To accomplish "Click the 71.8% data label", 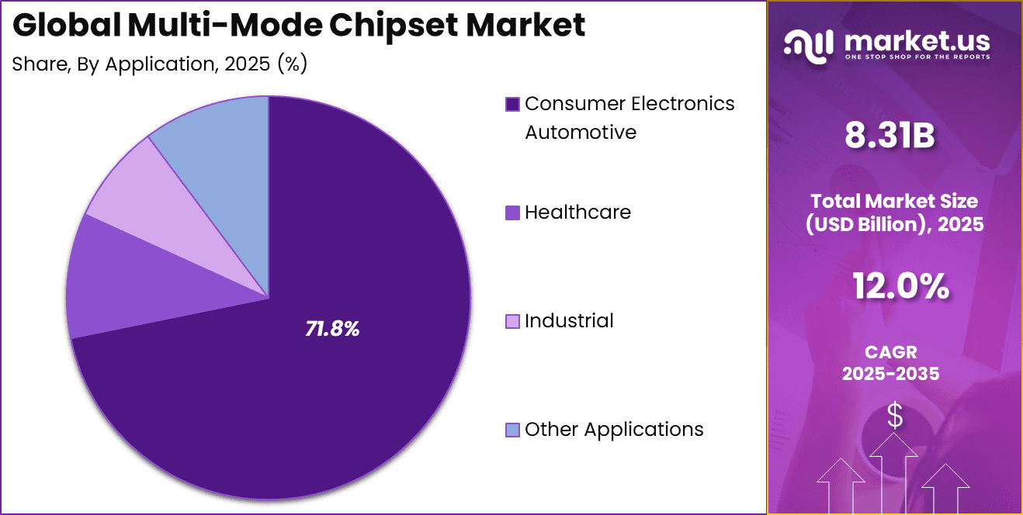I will [x=332, y=329].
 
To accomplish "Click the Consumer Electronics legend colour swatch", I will [x=512, y=104].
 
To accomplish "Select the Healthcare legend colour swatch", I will [x=512, y=213].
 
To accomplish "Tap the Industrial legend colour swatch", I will [x=512, y=321].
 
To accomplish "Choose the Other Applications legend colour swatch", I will [x=512, y=430].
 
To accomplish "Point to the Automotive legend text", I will [x=581, y=133].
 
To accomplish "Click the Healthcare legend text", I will [x=577, y=213].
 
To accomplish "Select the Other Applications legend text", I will [x=614, y=430].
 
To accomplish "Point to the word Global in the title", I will [x=65, y=26].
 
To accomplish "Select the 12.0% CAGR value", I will [x=900, y=287].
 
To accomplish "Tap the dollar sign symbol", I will [x=895, y=416].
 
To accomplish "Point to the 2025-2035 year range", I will [x=891, y=373].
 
